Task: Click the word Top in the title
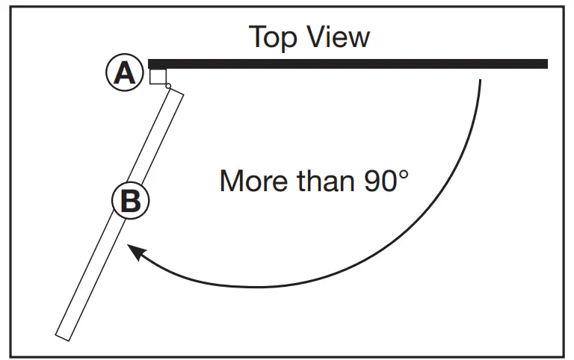click(x=274, y=37)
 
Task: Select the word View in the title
click(x=337, y=37)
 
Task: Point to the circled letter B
click(x=130, y=200)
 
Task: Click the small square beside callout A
click(x=158, y=77)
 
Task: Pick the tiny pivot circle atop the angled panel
click(x=168, y=87)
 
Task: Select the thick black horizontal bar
click(x=348, y=64)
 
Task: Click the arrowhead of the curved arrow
click(x=134, y=252)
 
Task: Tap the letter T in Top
click(x=257, y=37)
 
